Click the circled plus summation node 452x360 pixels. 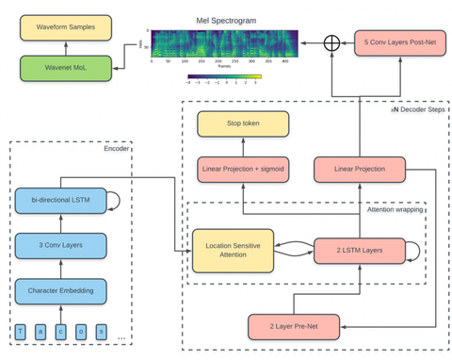(331, 43)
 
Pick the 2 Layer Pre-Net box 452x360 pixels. (293, 326)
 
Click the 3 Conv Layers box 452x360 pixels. (60, 245)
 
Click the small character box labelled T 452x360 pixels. (19, 331)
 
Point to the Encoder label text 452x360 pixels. (117, 148)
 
